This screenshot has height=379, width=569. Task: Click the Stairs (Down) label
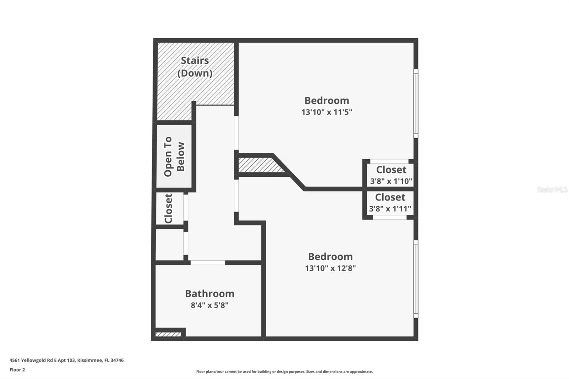195,66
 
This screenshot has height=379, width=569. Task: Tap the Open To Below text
174,156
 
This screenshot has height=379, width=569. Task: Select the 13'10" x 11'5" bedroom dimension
326,112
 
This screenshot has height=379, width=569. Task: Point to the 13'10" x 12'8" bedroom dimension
330,268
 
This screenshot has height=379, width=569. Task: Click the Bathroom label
209,294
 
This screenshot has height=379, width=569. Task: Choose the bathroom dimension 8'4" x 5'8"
209,305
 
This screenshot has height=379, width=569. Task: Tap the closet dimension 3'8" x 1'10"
391,181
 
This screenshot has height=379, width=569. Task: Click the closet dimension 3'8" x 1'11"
390,209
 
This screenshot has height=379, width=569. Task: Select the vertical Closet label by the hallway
169,208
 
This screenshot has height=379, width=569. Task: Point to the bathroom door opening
208,263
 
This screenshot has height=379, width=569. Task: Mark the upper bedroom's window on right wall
416,103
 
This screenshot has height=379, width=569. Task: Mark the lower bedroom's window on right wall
416,279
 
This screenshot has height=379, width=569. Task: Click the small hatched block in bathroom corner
168,334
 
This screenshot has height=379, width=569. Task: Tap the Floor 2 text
17,370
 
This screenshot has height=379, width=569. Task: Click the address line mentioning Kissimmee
67,360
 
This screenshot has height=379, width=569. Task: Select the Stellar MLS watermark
552,189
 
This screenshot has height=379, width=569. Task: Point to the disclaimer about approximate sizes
284,372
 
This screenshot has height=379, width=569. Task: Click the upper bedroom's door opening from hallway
236,133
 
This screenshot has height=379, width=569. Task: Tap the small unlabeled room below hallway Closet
170,245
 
